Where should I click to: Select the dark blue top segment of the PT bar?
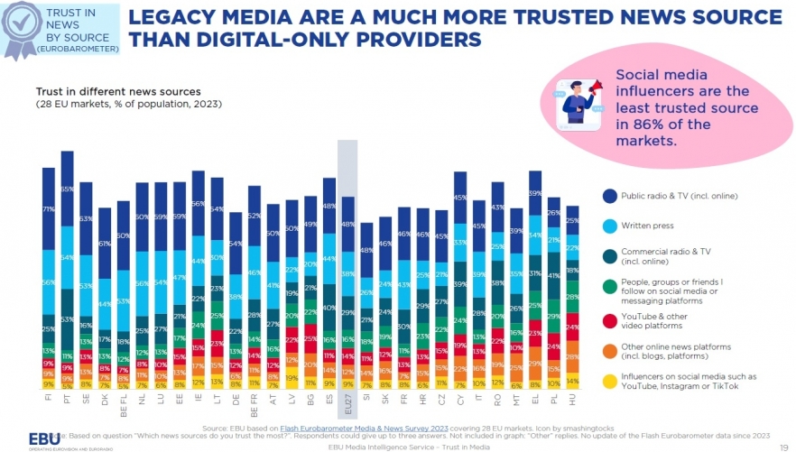pos(67,189)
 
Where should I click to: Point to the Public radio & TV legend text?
pos(669,194)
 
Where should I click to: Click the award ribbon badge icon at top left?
pos(19,27)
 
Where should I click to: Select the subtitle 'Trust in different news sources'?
pos(118,92)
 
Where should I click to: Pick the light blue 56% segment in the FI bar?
pos(49,281)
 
